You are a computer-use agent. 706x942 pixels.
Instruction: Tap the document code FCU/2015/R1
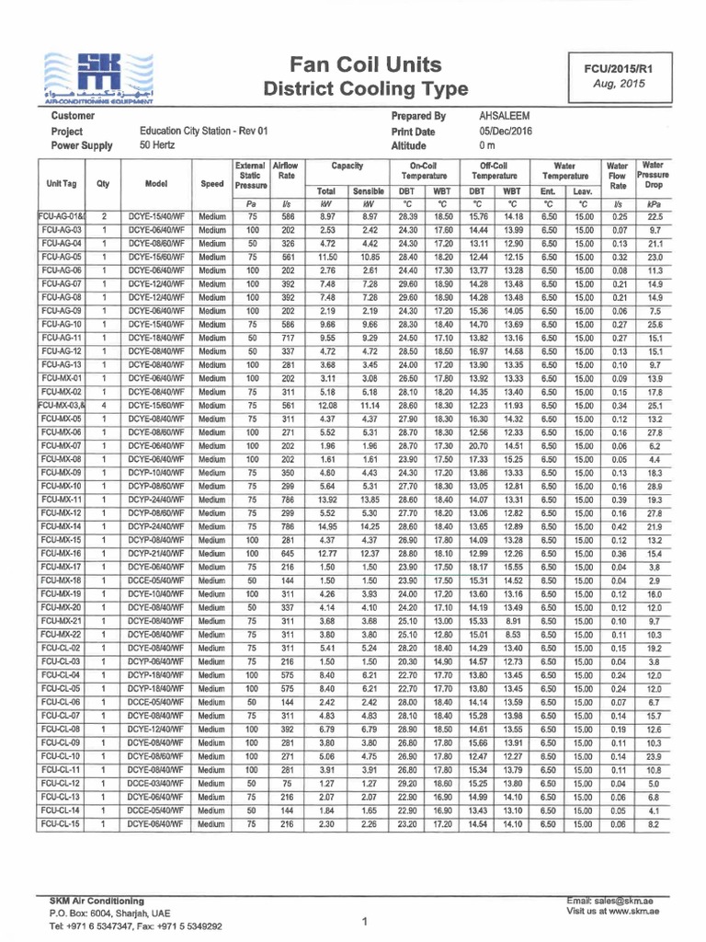[621, 68]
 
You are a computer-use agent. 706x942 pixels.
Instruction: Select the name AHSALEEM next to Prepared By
[505, 117]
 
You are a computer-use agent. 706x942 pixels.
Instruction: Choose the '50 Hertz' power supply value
[158, 145]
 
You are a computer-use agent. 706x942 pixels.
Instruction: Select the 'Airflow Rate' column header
[285, 170]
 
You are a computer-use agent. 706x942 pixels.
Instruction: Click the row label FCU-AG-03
[63, 229]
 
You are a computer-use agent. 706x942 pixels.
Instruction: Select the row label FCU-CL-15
[63, 825]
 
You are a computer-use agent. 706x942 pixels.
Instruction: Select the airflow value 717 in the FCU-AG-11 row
[285, 338]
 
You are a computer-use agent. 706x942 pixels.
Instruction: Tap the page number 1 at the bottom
[365, 921]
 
